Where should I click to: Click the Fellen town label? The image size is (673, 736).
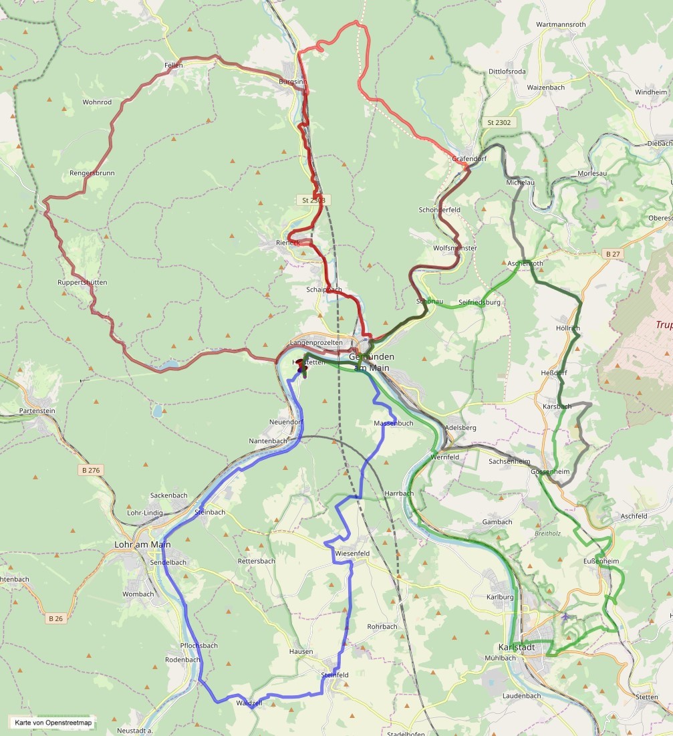click(173, 66)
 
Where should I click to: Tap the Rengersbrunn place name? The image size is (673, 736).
click(92, 173)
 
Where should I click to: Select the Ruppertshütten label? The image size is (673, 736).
click(82, 283)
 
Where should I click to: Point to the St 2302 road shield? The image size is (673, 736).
click(499, 123)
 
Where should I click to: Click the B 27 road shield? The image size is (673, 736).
click(612, 254)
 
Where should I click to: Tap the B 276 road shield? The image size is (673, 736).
click(90, 471)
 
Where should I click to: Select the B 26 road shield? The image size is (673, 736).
click(55, 619)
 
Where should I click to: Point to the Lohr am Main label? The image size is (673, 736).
click(142, 545)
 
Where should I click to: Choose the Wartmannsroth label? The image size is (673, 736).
click(561, 25)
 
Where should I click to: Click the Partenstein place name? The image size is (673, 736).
click(37, 410)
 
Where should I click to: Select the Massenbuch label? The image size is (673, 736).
click(393, 423)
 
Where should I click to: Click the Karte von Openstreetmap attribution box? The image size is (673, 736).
click(53, 723)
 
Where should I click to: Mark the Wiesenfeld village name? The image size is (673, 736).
click(352, 554)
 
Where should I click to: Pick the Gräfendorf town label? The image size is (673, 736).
click(469, 159)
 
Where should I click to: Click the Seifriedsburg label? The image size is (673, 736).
click(479, 303)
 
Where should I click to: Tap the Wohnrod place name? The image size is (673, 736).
click(97, 102)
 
